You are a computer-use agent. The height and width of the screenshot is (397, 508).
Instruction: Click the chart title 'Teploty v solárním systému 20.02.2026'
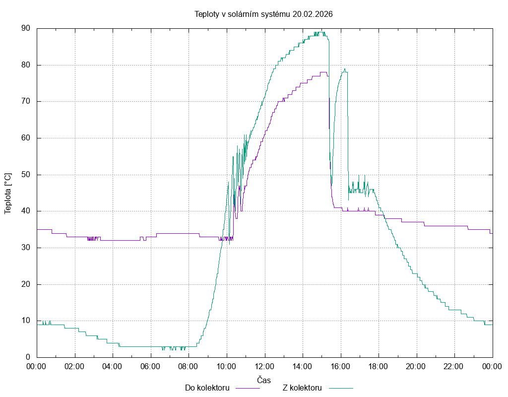263,14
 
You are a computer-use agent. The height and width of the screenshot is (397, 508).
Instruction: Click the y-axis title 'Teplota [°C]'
7,193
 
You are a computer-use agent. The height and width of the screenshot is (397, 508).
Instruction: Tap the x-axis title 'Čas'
264,380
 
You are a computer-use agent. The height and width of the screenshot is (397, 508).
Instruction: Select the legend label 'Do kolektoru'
207,388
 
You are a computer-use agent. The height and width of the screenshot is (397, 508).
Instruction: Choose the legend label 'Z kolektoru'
303,388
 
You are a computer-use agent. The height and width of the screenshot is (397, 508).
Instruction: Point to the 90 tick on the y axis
26,28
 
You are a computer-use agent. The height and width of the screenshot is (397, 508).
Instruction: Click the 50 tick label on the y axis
26,175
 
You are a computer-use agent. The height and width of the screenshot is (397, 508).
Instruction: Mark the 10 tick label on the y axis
26,321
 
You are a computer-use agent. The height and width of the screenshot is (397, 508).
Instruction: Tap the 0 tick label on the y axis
28,357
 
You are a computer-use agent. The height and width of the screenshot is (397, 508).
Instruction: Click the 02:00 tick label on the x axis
75,366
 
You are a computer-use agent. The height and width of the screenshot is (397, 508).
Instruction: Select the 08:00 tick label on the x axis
189,366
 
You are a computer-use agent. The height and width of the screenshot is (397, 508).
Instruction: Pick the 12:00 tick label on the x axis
264,366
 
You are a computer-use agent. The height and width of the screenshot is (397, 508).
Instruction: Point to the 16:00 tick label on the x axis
340,366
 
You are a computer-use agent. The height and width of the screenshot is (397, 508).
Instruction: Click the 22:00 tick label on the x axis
454,366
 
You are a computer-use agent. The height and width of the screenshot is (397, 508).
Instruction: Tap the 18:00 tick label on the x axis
378,366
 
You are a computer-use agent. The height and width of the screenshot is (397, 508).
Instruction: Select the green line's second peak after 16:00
344,69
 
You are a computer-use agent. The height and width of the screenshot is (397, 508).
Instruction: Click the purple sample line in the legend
247,388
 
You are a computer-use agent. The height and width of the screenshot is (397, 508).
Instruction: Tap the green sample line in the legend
340,388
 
